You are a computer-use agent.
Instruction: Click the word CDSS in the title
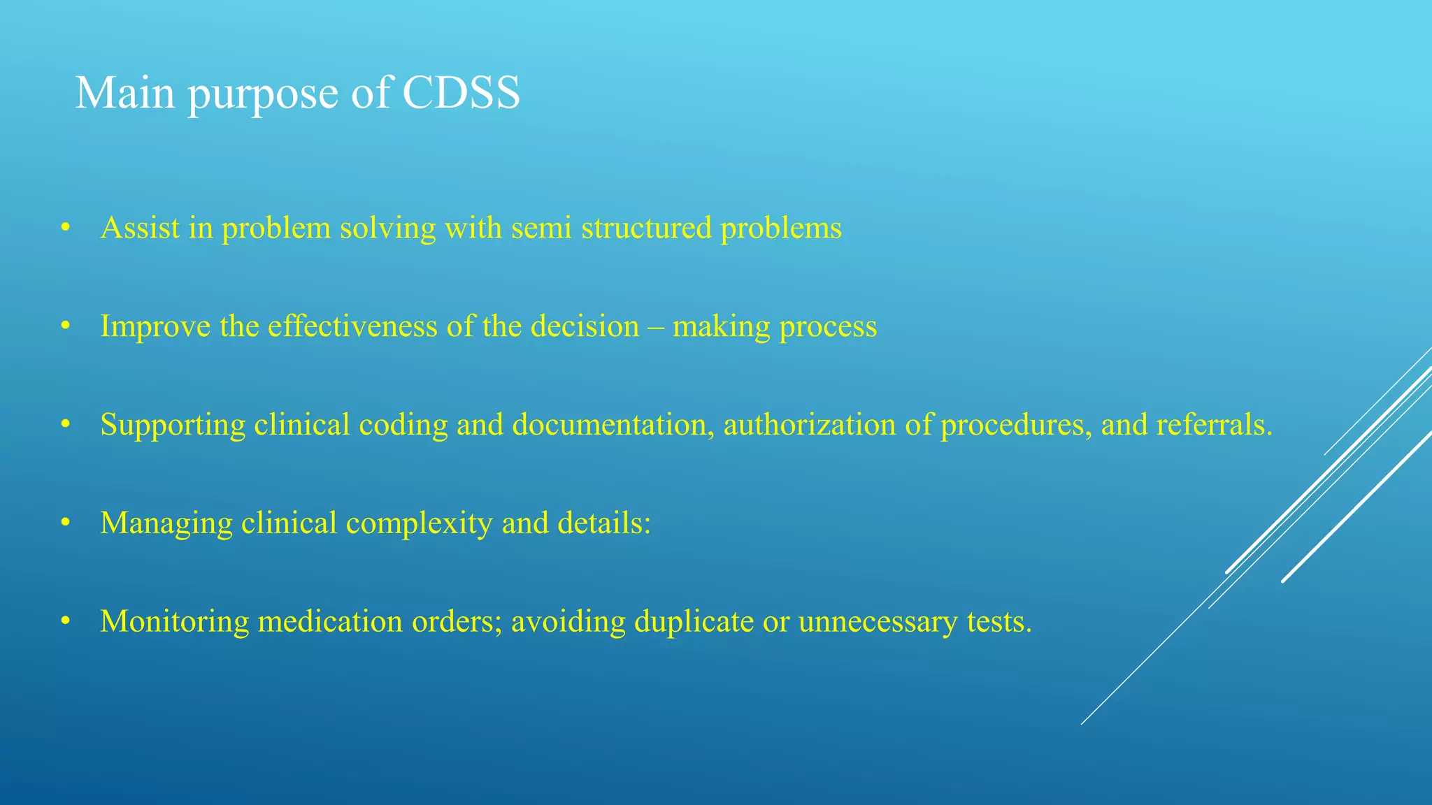click(x=461, y=92)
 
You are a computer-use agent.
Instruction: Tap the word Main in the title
click(x=124, y=92)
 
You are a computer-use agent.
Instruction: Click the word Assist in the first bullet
click(x=140, y=228)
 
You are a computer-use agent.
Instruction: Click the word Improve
click(x=155, y=327)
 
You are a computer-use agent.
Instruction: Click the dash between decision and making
click(x=656, y=327)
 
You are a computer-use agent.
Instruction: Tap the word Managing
click(x=166, y=524)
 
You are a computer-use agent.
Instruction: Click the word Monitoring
click(x=174, y=622)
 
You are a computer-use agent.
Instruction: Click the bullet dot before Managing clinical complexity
click(x=66, y=523)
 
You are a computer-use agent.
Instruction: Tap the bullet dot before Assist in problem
click(x=66, y=228)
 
